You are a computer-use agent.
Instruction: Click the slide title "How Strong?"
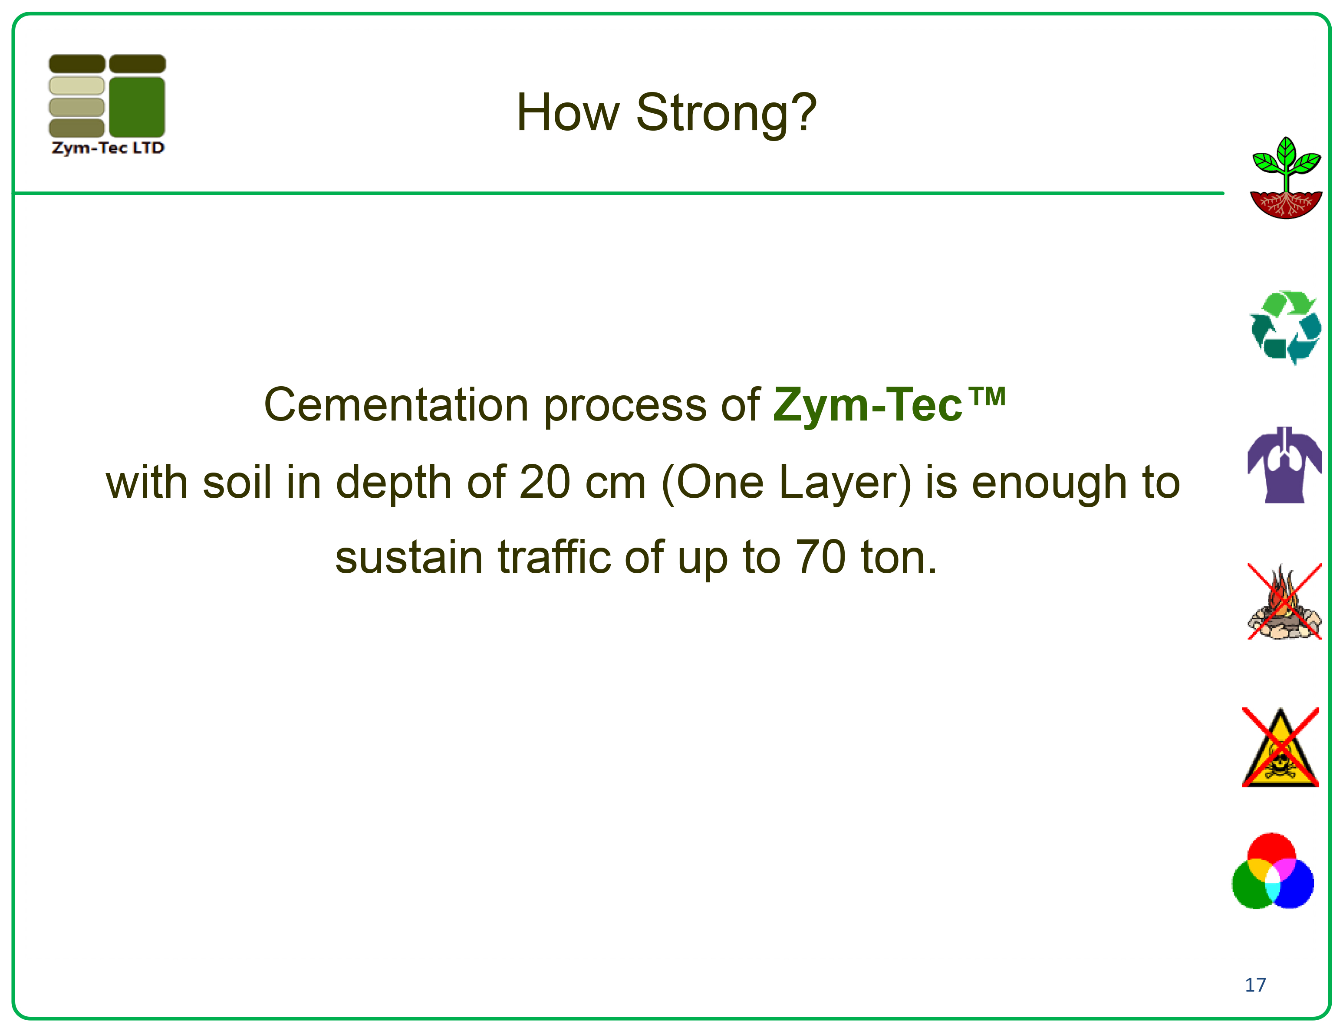click(x=666, y=113)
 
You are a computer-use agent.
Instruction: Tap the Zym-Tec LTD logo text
click(x=108, y=148)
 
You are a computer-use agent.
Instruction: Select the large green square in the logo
click(x=137, y=107)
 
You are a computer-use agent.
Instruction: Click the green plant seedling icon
click(x=1286, y=177)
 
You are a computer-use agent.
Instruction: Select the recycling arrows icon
click(x=1286, y=328)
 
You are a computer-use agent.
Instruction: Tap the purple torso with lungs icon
click(x=1284, y=465)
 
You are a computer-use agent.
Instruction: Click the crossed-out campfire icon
click(x=1284, y=601)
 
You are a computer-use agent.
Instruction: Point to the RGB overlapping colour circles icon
click(x=1273, y=871)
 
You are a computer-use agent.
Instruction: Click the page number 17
click(x=1255, y=985)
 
